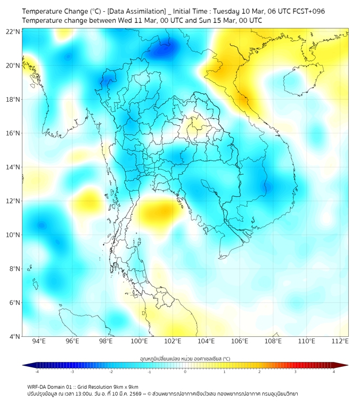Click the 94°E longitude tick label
39,341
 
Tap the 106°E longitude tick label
240,341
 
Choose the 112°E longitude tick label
340,341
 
